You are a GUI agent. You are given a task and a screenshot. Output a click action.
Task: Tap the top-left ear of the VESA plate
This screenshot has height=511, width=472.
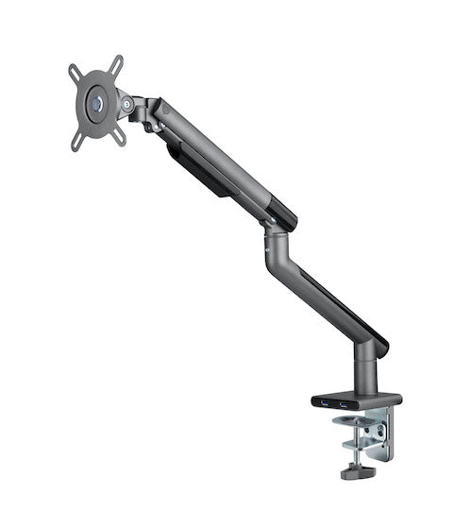click(75, 70)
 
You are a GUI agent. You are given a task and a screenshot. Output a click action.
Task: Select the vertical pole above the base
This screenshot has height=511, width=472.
click(366, 371)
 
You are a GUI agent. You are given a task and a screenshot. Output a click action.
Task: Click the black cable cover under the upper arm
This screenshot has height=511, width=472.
click(203, 170)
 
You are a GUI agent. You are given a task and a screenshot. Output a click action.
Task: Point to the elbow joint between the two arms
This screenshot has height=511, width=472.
click(275, 236)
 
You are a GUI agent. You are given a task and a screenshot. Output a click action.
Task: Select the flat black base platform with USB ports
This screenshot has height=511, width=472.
click(354, 400)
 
